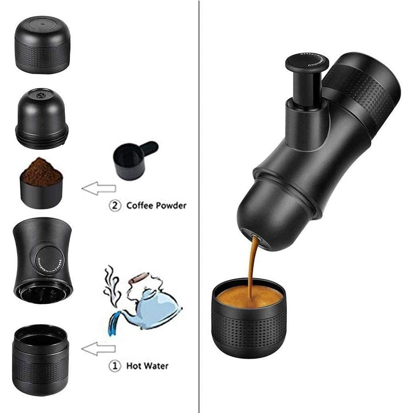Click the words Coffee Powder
(156, 205)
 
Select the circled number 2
(115, 205)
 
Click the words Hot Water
(147, 366)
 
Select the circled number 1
(115, 366)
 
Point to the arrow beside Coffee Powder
(99, 188)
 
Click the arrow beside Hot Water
(99, 349)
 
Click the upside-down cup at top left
(42, 44)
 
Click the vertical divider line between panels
(199, 202)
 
